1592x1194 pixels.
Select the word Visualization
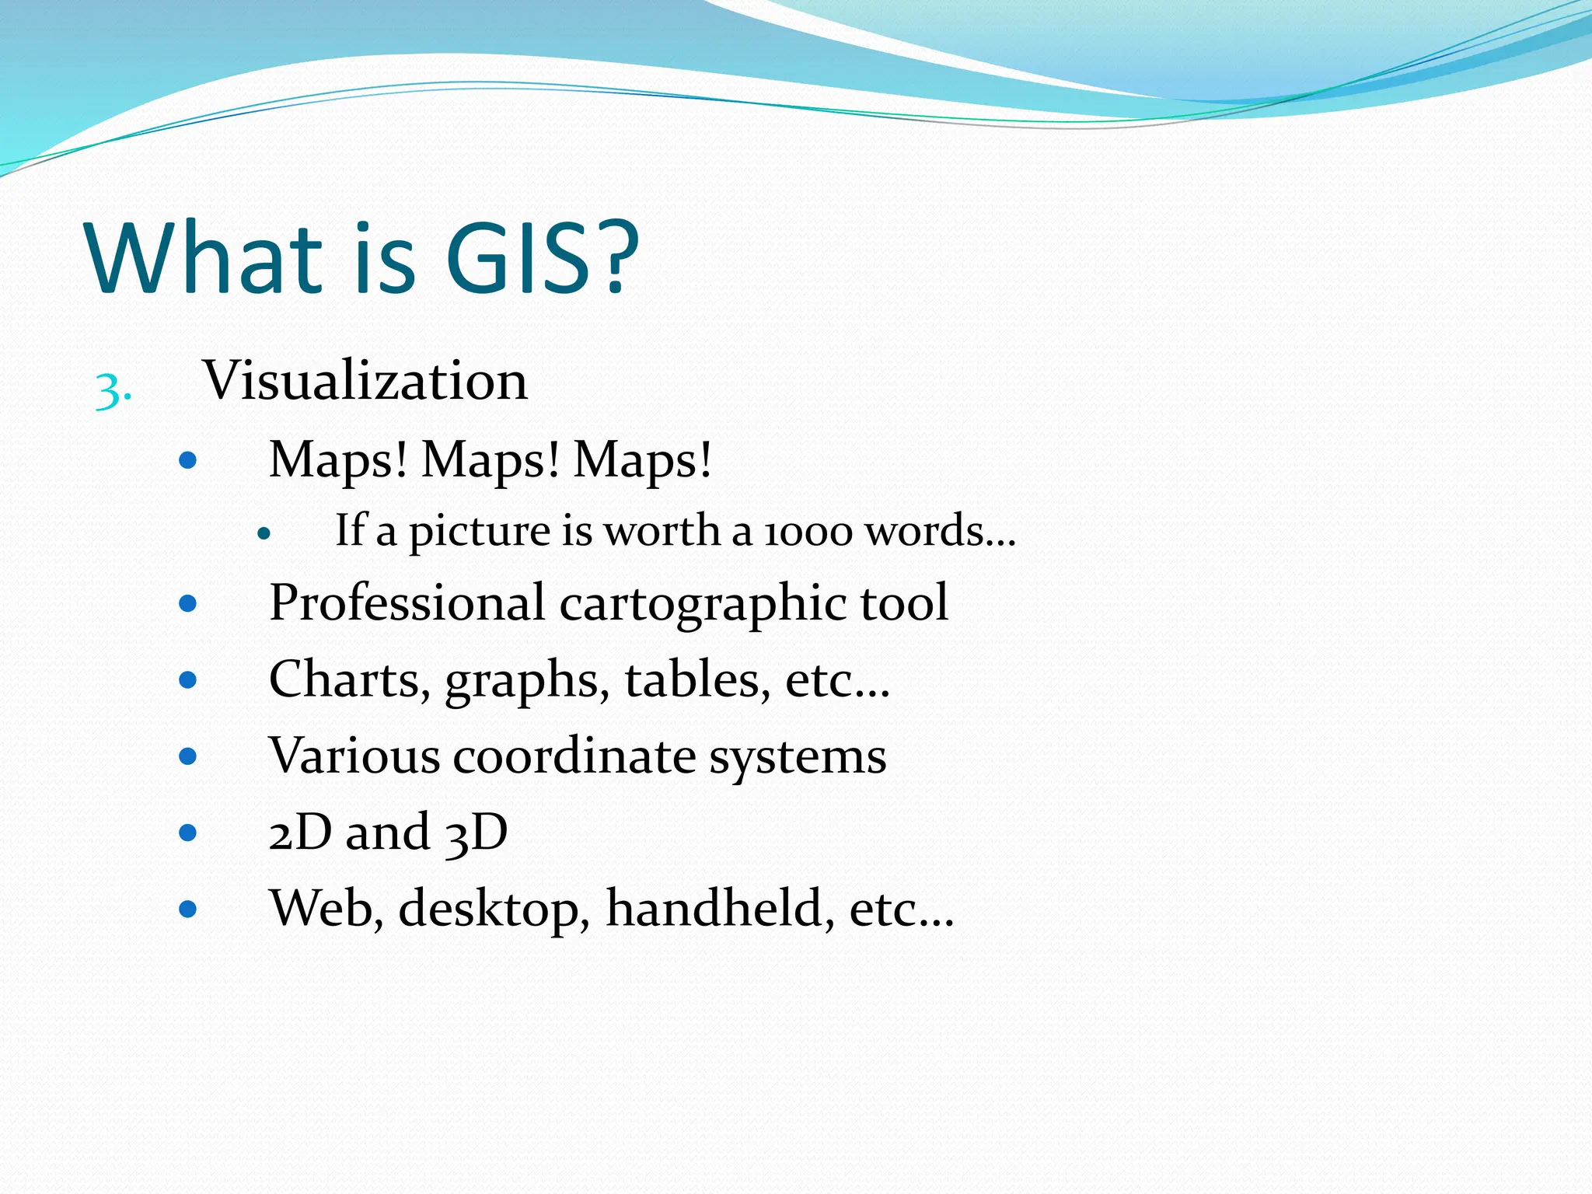click(365, 381)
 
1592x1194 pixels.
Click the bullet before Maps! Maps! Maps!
click(187, 461)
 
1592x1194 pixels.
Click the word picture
click(480, 532)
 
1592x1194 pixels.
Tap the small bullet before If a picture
click(264, 534)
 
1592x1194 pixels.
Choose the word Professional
click(407, 603)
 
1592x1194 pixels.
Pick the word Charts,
click(350, 680)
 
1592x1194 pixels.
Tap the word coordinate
click(574, 756)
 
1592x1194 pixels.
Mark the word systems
click(798, 756)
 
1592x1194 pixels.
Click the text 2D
click(300, 833)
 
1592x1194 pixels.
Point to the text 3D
click(477, 833)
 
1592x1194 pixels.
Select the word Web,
click(326, 908)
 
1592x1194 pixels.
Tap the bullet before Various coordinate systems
click(187, 756)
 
